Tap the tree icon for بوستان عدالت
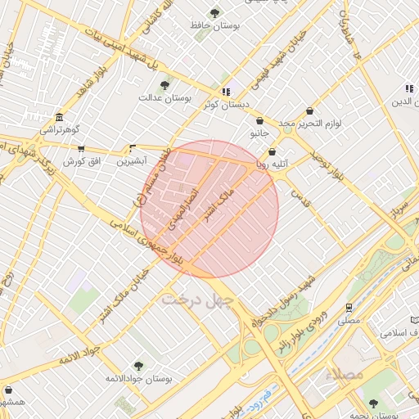[164, 85]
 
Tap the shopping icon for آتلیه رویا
[272, 151]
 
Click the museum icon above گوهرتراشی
[58, 116]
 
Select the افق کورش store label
[81, 161]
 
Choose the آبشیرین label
[133, 161]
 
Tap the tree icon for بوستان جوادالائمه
[137, 366]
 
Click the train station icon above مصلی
[349, 309]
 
